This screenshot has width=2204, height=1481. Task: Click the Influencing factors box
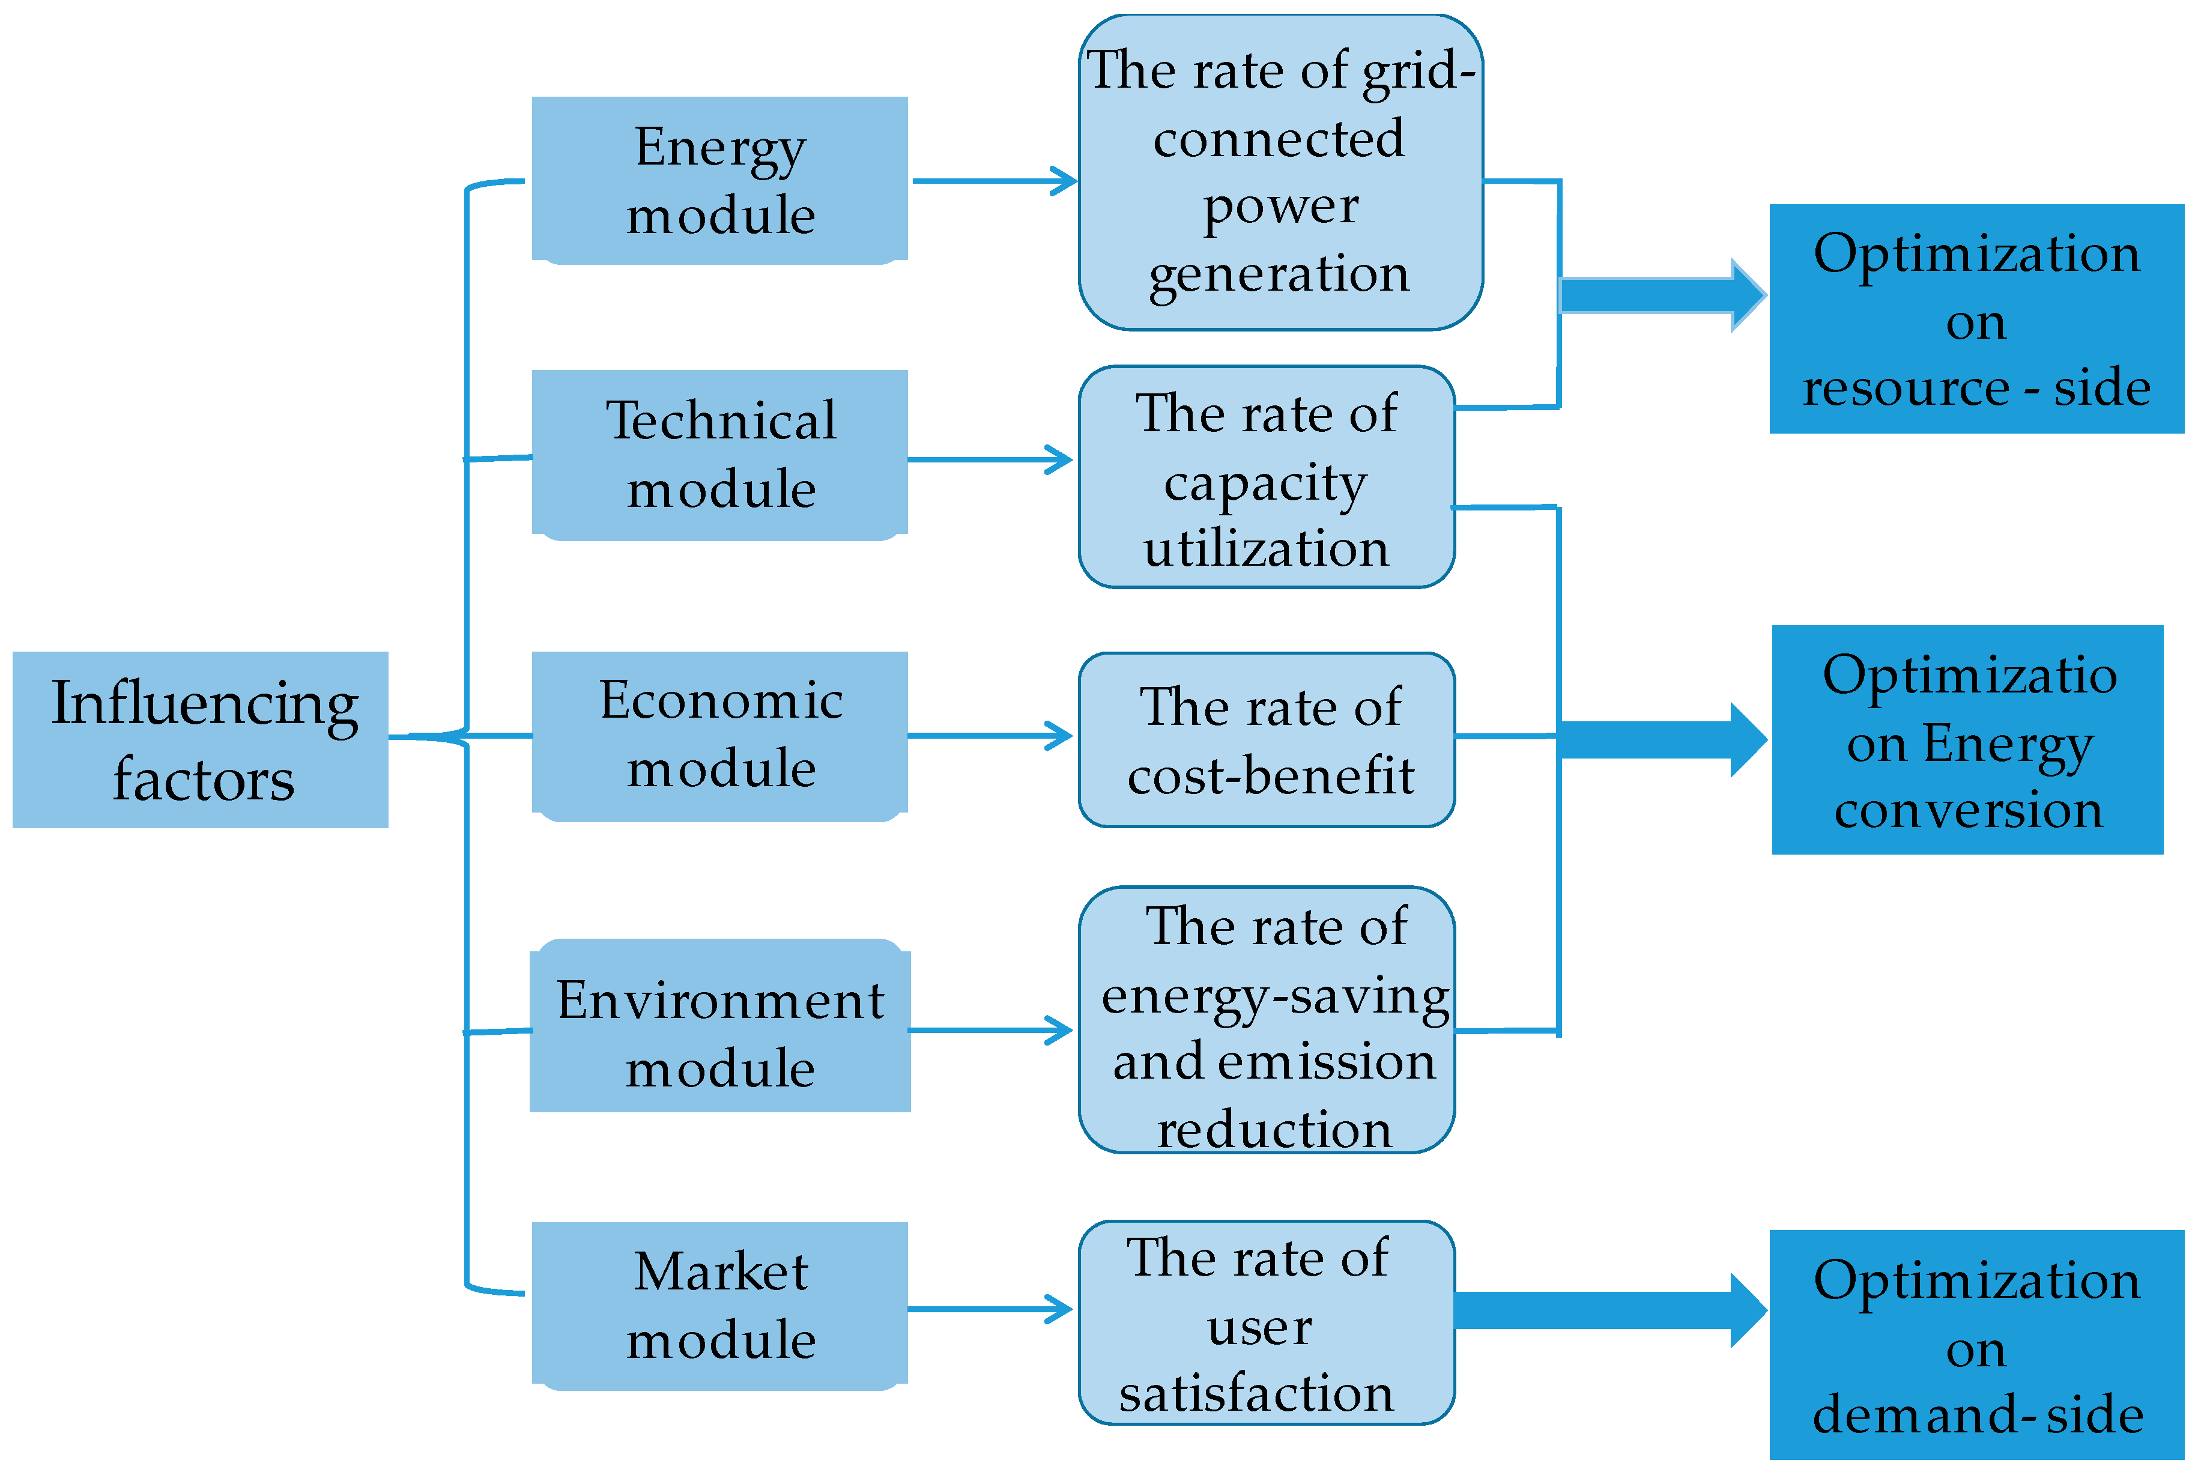[199, 739]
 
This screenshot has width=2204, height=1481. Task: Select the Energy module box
[719, 180]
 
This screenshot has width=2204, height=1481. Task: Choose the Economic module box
[719, 735]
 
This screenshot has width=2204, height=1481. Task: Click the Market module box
[719, 1304]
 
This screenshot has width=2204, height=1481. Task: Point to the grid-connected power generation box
[1280, 172]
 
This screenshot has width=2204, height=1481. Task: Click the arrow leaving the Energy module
[991, 180]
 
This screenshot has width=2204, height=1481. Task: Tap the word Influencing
[204, 704]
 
